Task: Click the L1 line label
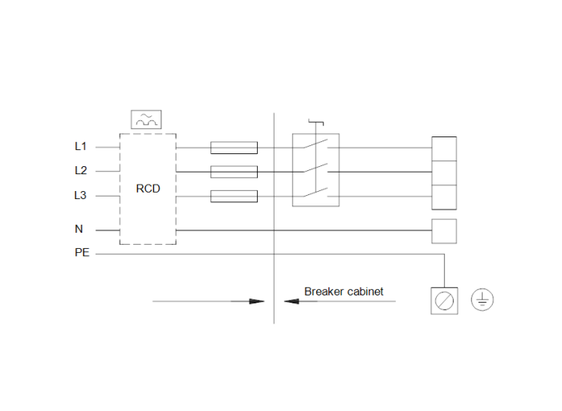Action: (79, 147)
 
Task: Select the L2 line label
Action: (79, 171)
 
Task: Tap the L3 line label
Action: (79, 196)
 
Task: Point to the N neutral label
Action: (79, 230)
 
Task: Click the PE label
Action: (81, 254)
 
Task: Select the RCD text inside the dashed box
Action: (148, 189)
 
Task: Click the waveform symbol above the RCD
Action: (146, 120)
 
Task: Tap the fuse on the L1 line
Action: (234, 148)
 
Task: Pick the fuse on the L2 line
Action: (234, 172)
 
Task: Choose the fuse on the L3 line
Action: (234, 196)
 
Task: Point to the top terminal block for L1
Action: (444, 149)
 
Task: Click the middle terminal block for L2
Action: (444, 173)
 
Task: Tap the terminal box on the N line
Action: (444, 230)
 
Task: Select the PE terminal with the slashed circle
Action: (444, 301)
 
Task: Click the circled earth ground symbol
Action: (482, 300)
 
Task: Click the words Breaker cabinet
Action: (344, 291)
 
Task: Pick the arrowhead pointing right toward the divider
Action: (256, 302)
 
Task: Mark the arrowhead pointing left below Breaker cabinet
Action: (291, 302)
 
